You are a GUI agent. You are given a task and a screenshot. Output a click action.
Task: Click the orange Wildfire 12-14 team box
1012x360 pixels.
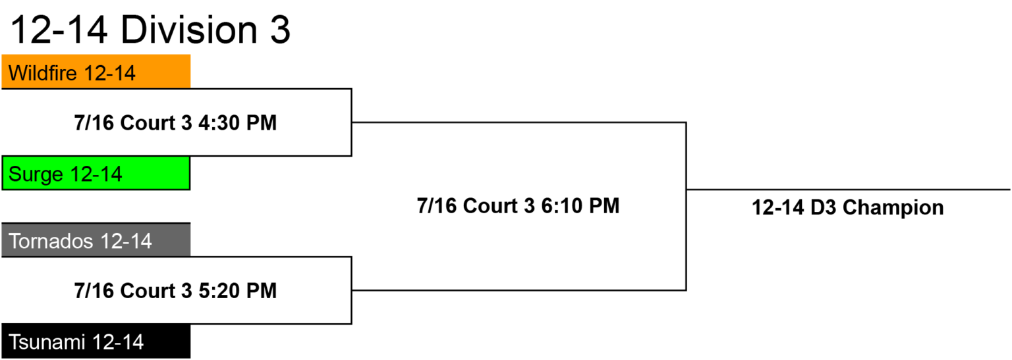coord(96,71)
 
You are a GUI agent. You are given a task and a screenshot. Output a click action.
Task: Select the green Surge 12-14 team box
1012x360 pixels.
coord(96,173)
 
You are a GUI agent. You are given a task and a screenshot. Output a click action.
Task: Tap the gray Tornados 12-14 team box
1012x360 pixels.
coord(96,240)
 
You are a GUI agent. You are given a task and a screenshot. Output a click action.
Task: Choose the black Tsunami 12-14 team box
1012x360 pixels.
coord(96,341)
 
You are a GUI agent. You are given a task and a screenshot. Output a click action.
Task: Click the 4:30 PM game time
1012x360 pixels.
coord(238,122)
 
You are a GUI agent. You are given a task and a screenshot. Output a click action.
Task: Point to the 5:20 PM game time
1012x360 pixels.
coord(238,290)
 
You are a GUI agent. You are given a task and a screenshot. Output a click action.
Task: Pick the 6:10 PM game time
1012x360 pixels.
coord(580,206)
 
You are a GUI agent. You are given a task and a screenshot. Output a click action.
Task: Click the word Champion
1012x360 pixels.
coord(893,208)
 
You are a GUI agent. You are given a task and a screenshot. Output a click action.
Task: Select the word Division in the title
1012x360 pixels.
coord(189,30)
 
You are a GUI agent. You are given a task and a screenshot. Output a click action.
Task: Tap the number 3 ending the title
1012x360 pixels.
coord(280,30)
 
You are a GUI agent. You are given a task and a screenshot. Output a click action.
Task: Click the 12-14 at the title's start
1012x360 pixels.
coord(59,30)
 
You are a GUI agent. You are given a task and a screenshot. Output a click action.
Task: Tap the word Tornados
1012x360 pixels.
coord(51,241)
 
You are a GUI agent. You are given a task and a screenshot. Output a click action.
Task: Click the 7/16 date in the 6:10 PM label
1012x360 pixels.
coord(437,206)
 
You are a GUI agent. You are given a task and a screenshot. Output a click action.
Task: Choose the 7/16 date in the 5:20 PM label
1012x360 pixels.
coord(94,290)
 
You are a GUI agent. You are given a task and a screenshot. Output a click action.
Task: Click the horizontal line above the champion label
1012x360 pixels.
coord(848,190)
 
